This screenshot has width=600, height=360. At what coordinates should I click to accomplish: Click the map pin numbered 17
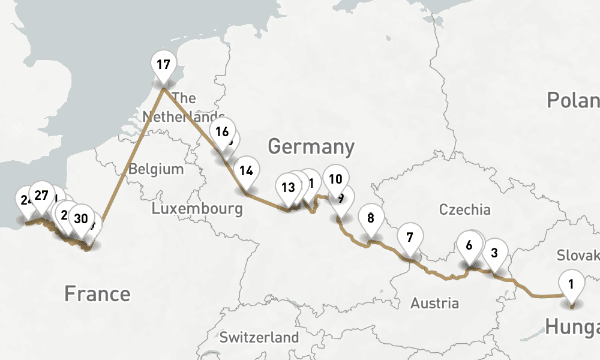point(163,64)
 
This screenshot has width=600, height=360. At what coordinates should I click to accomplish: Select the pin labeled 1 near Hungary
point(571,283)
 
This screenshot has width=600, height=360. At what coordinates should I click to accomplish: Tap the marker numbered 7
point(409,237)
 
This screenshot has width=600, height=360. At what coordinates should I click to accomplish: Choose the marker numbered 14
point(245,170)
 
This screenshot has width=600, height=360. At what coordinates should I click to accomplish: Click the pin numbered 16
point(222,131)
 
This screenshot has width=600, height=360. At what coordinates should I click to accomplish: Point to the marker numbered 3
point(494,252)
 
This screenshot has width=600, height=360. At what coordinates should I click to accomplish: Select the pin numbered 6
point(469,245)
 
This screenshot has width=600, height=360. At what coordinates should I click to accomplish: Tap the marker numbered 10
point(335,178)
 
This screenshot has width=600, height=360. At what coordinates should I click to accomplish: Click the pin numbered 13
point(288,187)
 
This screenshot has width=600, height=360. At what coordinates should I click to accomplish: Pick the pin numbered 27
point(41,195)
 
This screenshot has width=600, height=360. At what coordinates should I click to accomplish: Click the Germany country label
point(311,146)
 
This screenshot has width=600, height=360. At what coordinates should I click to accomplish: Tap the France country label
point(97,294)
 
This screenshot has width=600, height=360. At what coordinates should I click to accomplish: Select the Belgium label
point(156,169)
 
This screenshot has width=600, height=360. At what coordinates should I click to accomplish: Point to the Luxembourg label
point(197,209)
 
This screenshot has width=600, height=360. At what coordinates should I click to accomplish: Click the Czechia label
point(464,209)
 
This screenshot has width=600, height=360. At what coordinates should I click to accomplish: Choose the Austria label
point(434,303)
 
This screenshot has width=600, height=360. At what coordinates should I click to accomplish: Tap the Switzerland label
point(259,337)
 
